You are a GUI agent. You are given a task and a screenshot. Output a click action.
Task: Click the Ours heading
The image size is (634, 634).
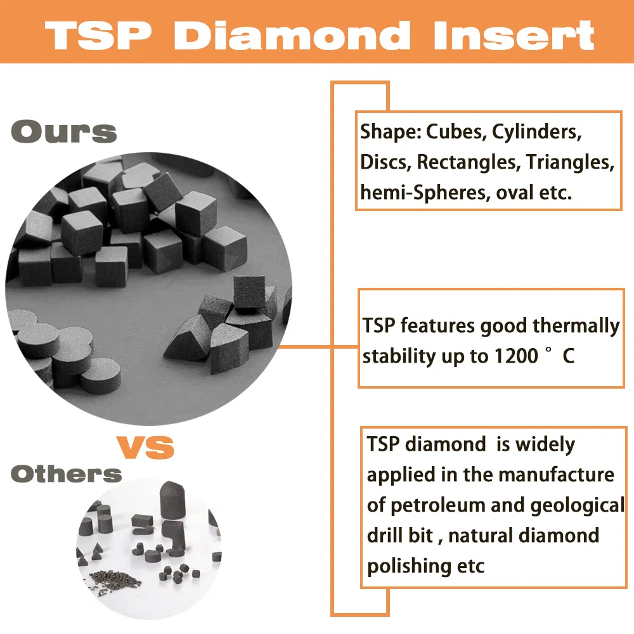pyautogui.click(x=64, y=132)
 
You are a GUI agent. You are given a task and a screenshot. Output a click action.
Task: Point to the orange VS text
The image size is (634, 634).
pyautogui.click(x=145, y=448)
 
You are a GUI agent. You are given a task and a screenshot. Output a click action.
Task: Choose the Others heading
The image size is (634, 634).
pyautogui.click(x=66, y=474)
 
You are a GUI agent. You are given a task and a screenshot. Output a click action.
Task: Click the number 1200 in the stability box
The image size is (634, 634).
pyautogui.click(x=514, y=356)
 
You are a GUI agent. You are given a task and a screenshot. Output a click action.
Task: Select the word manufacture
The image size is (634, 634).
pyautogui.click(x=558, y=474)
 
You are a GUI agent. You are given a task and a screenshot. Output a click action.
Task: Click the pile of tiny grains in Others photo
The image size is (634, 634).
pyautogui.click(x=114, y=578)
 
